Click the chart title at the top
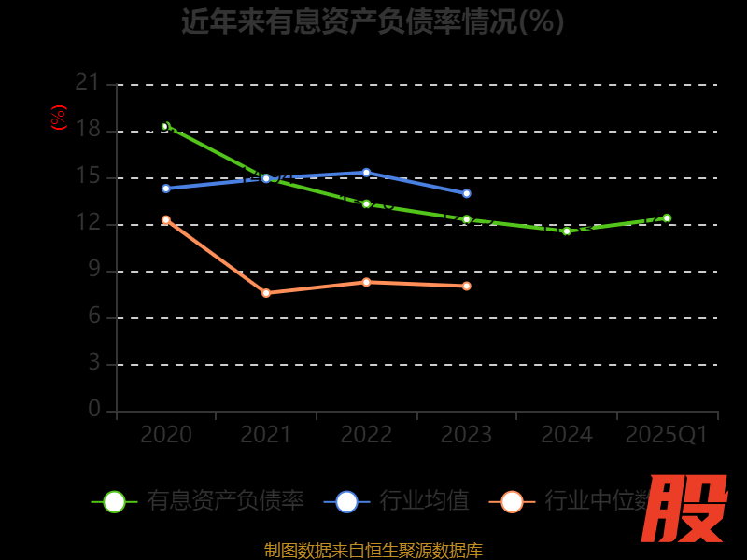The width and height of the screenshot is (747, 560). pos(373,21)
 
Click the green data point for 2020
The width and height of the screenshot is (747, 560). pos(165,126)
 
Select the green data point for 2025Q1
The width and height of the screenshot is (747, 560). pos(667,218)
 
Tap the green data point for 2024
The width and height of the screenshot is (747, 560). pos(567,231)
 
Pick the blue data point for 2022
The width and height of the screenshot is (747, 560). pos(366,173)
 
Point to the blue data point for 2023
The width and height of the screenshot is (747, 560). pos(466,193)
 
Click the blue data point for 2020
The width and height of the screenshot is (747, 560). pos(166,189)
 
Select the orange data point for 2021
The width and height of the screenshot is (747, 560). pos(266,293)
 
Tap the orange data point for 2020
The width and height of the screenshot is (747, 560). pos(166,220)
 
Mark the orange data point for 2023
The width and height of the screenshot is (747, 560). pos(466,286)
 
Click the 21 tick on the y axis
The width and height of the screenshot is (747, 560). pos(88,83)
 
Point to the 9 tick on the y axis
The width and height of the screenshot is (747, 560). pos(93,270)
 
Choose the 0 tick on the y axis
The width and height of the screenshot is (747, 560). pos(93,410)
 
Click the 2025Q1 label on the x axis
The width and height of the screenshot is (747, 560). pos(667,435)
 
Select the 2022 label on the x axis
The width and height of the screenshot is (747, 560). pos(366,435)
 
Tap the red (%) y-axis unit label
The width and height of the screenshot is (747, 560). pos(59,118)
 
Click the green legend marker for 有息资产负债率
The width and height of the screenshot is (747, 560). pos(114,501)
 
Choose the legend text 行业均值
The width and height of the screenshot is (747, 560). pos(424,501)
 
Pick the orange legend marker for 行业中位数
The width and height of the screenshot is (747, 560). pos(512,501)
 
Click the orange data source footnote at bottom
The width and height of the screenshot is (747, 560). pos(373,550)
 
